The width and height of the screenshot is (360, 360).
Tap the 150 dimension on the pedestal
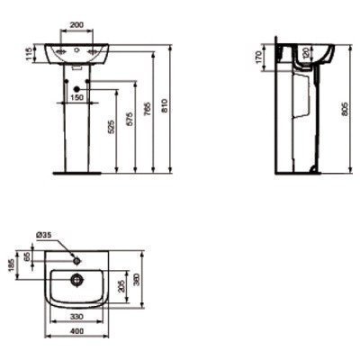pyautogui.click(x=77, y=96)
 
